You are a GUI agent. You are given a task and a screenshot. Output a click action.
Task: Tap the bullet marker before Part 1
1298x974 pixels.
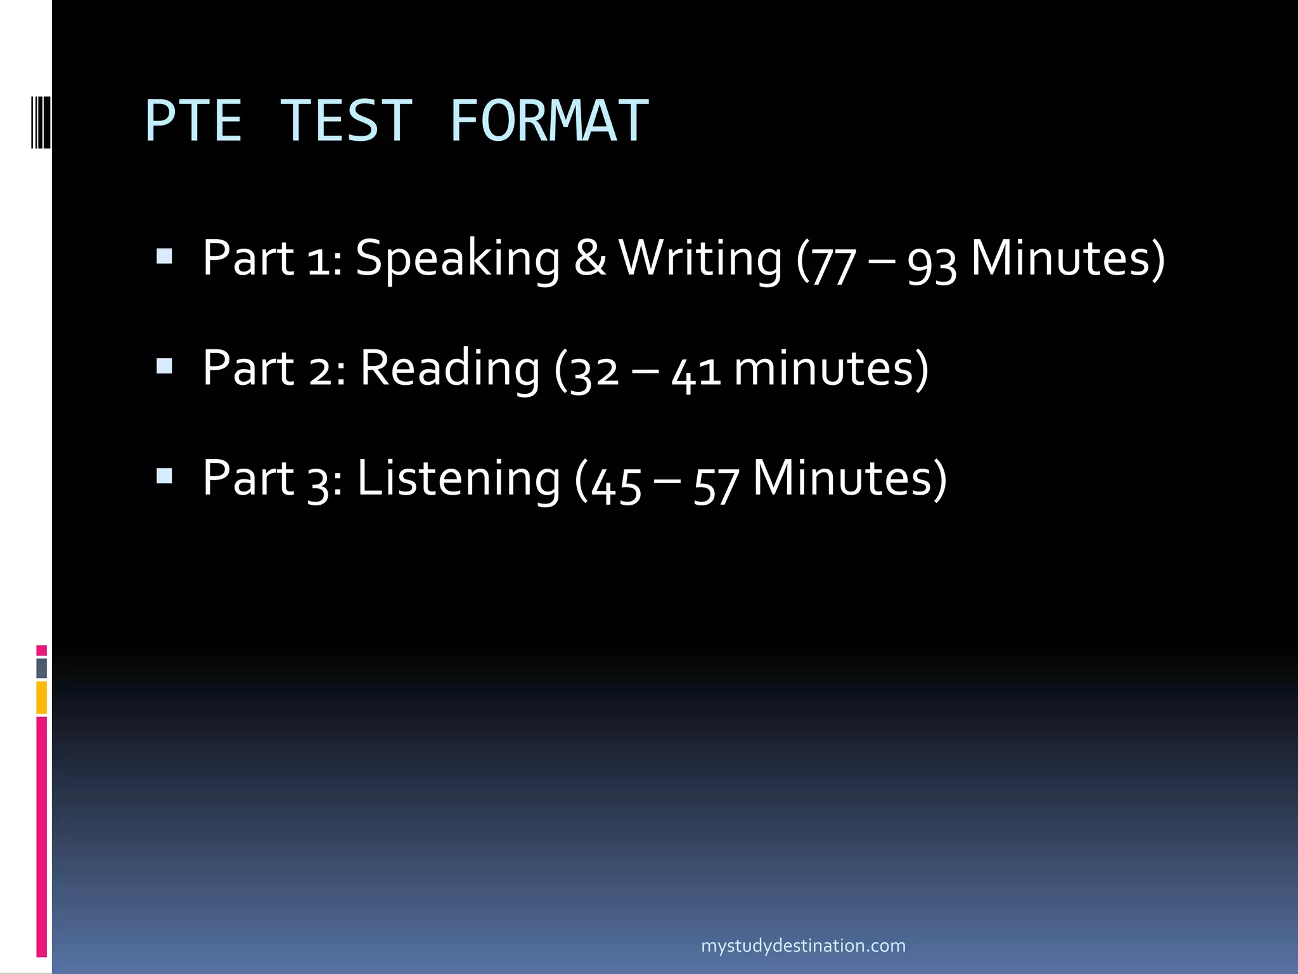(x=164, y=256)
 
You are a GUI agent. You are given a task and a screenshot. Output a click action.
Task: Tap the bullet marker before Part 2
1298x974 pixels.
(x=164, y=366)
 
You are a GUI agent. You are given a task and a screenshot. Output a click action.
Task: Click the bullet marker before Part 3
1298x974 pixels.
(x=164, y=476)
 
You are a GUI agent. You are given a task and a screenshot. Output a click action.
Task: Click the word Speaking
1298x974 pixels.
(x=458, y=259)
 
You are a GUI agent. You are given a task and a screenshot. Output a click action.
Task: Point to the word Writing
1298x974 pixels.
(x=700, y=259)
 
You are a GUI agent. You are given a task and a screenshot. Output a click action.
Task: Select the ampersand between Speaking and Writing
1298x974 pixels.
(x=590, y=259)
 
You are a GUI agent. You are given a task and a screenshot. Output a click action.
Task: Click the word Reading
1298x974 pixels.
(x=449, y=369)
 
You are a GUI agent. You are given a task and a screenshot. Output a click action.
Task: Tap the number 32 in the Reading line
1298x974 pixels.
(x=594, y=372)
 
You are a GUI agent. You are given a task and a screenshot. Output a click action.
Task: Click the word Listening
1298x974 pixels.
(x=458, y=479)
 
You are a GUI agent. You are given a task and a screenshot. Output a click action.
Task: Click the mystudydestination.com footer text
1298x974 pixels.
(x=803, y=945)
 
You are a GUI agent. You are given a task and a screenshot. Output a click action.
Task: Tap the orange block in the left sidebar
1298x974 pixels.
(x=42, y=698)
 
